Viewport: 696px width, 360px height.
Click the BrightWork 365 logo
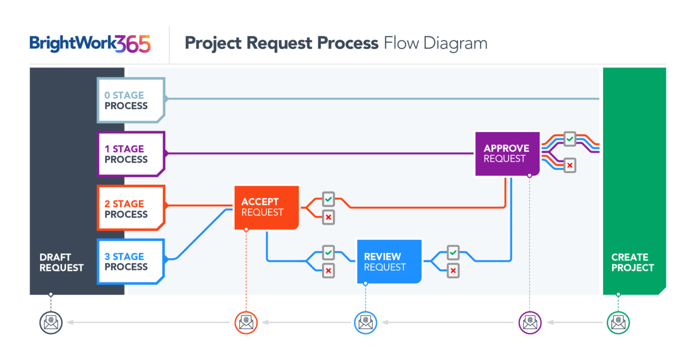[x=90, y=44]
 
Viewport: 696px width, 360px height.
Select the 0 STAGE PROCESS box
[x=130, y=101]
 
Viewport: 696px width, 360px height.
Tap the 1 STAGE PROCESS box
[x=130, y=154]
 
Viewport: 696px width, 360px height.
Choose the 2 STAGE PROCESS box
[x=130, y=209]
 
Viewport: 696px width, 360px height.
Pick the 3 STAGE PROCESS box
[x=130, y=262]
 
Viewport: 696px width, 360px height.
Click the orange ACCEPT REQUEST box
[x=266, y=207]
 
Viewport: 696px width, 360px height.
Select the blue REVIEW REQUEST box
[x=389, y=262]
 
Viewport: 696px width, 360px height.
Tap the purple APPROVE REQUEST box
[x=507, y=153]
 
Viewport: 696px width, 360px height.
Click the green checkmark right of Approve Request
[x=569, y=139]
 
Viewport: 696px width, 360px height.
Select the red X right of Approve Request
[x=569, y=165]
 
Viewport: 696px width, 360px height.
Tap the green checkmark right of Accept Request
[x=328, y=199]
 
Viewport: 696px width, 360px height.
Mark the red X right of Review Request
[x=453, y=270]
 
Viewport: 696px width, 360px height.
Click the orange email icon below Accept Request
[x=246, y=322]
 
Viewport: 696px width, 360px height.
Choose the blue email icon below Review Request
[x=365, y=322]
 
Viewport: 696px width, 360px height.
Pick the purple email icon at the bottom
[x=530, y=322]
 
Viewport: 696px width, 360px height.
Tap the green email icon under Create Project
[x=618, y=322]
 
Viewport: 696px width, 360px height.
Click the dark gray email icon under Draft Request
[x=51, y=322]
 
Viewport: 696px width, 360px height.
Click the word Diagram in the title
[x=456, y=44]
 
